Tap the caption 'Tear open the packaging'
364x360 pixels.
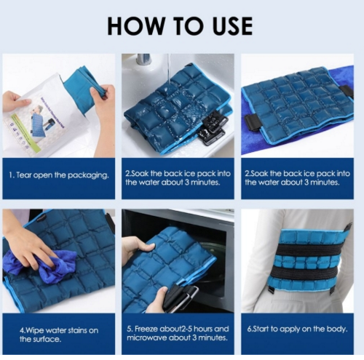click(x=59, y=175)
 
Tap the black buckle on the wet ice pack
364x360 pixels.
click(x=210, y=131)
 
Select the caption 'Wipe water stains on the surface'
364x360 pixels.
click(x=59, y=335)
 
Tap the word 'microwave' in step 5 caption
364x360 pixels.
click(x=146, y=337)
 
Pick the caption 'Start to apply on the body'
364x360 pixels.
click(x=297, y=329)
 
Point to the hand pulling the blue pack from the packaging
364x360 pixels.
click(x=102, y=102)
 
